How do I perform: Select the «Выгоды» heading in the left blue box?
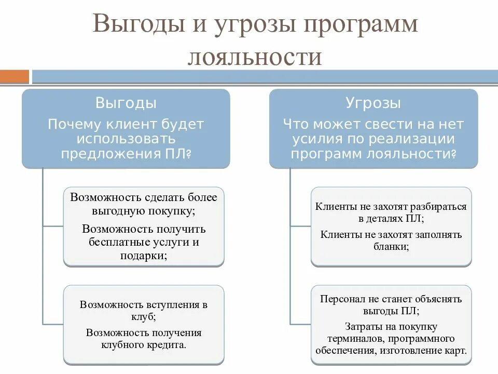(126, 103)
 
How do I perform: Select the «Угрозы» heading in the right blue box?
(373, 103)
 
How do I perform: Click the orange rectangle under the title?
(15, 77)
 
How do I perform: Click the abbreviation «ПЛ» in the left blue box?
(178, 154)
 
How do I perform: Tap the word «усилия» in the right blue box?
(317, 139)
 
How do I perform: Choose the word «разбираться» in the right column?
(436, 207)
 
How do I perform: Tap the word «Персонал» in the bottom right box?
(342, 299)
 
